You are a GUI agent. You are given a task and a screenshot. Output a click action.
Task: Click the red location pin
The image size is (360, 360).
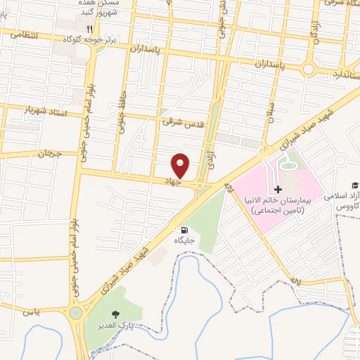[181, 165]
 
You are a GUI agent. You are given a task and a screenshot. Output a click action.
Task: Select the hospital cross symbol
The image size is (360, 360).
[278, 189]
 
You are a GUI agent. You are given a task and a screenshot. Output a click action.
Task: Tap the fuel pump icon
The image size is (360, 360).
[184, 230]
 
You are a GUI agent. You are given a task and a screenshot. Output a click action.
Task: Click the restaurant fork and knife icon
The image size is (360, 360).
[89, 29]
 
